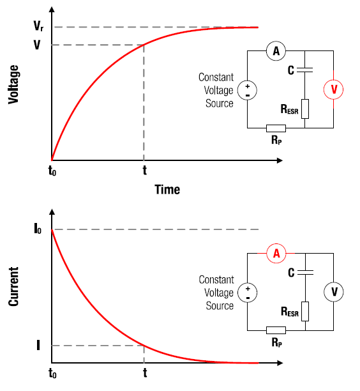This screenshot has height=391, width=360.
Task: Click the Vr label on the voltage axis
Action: [38, 26]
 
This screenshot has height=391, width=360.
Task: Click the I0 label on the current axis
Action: [38, 229]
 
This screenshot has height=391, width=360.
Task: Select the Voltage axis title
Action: [13, 84]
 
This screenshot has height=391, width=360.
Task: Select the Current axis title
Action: [13, 286]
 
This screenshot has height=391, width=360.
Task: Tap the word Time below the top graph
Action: [167, 190]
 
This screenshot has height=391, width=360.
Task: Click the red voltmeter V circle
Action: [333, 89]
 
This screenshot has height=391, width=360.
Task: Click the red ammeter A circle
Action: [276, 254]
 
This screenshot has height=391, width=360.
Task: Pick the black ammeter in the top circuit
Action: [276, 51]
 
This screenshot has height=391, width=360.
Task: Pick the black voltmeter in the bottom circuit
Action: [334, 292]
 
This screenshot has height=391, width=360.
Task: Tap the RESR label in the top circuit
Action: [290, 109]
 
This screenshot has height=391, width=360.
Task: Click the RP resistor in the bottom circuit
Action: [276, 330]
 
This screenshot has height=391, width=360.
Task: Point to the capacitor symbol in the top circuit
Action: [304, 70]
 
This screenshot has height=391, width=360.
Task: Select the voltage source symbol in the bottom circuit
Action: [248, 293]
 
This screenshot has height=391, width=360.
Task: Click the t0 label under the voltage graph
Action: [52, 171]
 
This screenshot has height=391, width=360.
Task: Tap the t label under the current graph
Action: [145, 373]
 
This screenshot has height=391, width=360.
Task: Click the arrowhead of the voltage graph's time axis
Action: [280, 160]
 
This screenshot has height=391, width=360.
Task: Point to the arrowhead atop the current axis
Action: [52, 212]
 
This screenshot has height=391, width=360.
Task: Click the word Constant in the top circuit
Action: [216, 77]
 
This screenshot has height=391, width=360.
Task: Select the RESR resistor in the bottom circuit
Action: [305, 311]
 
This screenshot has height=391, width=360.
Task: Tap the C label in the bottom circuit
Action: [291, 273]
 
